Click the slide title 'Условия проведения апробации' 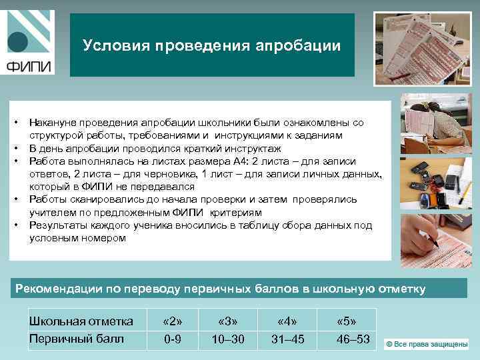[x=212, y=45]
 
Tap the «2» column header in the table [x=173, y=321]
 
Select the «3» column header [x=228, y=321]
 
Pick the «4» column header [x=287, y=321]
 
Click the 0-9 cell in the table [x=173, y=339]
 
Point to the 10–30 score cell [x=228, y=339]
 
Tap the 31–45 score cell [x=287, y=339]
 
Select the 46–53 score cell [x=353, y=339]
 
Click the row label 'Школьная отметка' [x=81, y=321]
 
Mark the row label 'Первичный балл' [x=77, y=339]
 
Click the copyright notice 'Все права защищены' [x=427, y=344]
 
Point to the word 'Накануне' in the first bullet [x=51, y=123]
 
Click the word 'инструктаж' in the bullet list [x=254, y=148]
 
